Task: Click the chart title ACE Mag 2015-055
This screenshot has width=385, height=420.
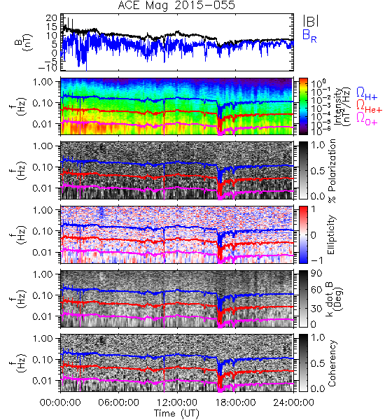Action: [176, 5]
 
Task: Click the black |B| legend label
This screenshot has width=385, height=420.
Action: [311, 20]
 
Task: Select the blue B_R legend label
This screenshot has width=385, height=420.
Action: [309, 36]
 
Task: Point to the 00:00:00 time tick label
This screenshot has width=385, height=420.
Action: [60, 402]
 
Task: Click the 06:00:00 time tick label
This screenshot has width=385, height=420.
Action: [118, 402]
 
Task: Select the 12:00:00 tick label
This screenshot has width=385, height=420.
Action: [177, 402]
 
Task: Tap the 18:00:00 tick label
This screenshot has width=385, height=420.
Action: [235, 402]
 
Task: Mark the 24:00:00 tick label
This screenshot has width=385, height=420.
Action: [293, 402]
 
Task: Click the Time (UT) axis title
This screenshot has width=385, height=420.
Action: [176, 414]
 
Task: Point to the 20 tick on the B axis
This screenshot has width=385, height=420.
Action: [51, 18]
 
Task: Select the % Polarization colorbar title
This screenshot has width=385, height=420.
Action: [332, 171]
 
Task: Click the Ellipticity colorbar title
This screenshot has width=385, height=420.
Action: [331, 234]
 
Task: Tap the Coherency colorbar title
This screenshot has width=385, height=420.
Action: [332, 363]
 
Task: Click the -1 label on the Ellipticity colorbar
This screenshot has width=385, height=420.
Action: [316, 260]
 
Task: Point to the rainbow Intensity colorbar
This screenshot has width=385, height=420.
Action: [303, 106]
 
